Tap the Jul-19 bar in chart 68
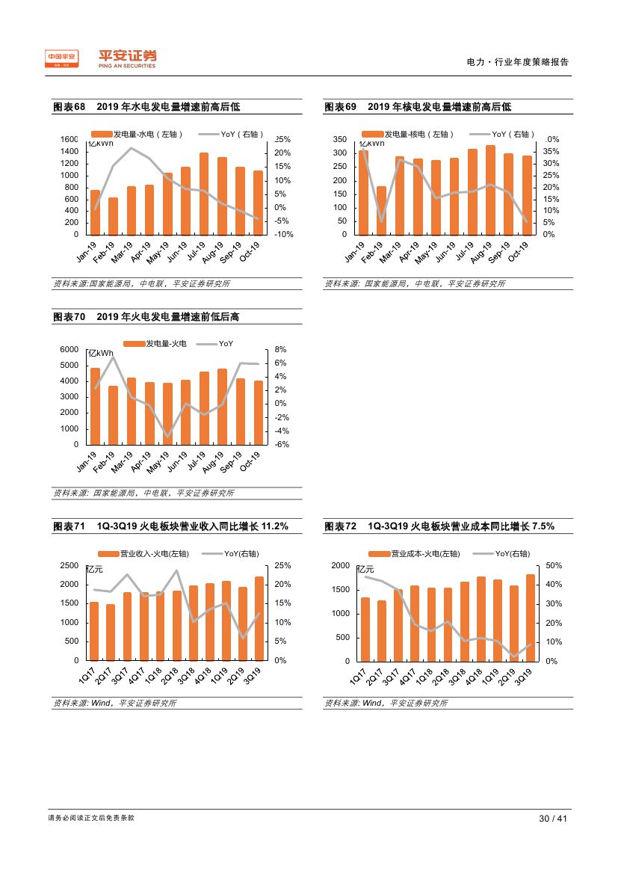coord(204,194)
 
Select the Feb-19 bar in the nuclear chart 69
coord(382,210)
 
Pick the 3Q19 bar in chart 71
coord(259,618)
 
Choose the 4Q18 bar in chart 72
coord(481,619)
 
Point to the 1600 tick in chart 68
coord(69,140)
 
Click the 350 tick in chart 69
coord(339,140)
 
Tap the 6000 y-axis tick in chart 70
coord(69,350)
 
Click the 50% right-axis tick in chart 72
coord(554,565)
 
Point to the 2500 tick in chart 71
coord(69,565)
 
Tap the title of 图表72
coord(439,527)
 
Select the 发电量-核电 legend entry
coord(413,134)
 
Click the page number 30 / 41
coord(554,819)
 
